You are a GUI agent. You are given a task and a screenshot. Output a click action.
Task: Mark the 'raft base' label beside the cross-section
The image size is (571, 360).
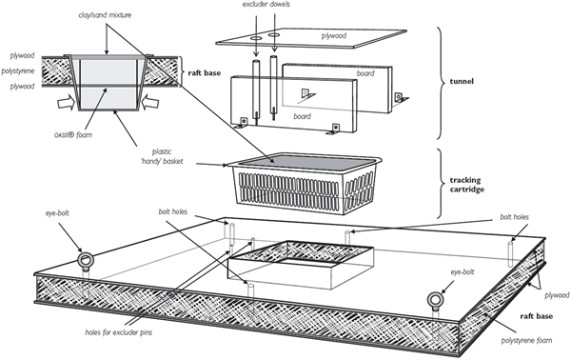(x=200, y=70)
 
